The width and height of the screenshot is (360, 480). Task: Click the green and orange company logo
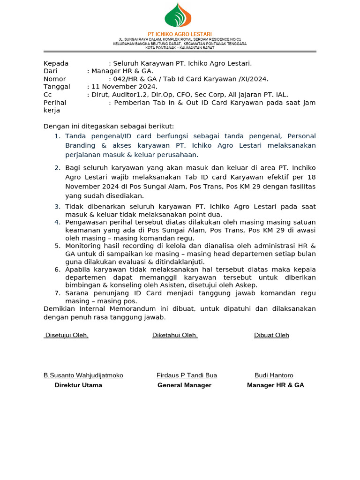[178, 15]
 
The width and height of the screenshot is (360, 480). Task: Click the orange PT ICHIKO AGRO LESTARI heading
[180, 34]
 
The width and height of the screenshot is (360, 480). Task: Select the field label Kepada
[56, 63]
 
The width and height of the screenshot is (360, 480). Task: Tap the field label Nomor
[54, 79]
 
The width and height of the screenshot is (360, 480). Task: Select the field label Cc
[47, 95]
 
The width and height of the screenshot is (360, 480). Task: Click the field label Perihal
[55, 103]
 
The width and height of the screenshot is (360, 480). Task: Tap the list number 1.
[57, 136]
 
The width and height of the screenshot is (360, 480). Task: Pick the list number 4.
[57, 222]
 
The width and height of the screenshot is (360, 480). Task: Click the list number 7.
[57, 293]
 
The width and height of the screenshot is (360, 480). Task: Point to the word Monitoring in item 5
[82, 246]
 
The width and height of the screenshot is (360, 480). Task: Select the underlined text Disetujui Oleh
[66, 335]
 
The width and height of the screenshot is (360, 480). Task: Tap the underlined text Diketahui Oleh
[175, 335]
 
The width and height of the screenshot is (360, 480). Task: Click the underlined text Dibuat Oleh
[271, 335]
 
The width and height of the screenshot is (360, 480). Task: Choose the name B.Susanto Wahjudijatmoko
[83, 375]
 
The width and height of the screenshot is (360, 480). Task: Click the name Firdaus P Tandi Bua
[187, 375]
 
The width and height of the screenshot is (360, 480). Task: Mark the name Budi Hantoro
[274, 375]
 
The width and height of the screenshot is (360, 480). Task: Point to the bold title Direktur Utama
[78, 385]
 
